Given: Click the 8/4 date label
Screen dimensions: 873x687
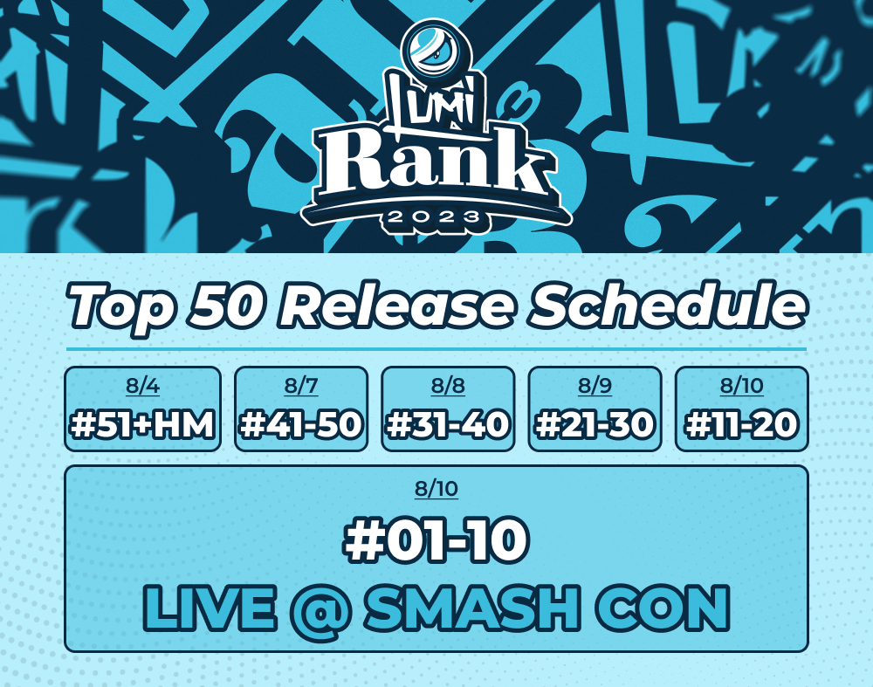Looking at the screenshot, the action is pyautogui.click(x=142, y=385).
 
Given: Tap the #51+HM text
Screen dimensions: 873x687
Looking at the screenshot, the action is pyautogui.click(x=142, y=425).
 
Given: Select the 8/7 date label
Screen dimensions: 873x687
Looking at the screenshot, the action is pyautogui.click(x=301, y=385).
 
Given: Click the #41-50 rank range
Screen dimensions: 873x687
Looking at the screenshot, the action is pyautogui.click(x=301, y=425).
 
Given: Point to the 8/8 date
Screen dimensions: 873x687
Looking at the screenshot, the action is pyautogui.click(x=448, y=385).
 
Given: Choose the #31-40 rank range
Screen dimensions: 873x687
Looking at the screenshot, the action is pyautogui.click(x=448, y=425).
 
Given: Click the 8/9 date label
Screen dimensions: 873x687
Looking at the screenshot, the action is pyautogui.click(x=595, y=385).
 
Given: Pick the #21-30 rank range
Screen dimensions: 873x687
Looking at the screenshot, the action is pyautogui.click(x=595, y=425).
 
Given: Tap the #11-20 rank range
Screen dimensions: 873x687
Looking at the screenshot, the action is pyautogui.click(x=741, y=425).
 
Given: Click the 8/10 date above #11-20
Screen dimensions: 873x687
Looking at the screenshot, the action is pyautogui.click(x=741, y=385).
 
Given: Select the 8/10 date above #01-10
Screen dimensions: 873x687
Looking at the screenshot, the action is pyautogui.click(x=436, y=488).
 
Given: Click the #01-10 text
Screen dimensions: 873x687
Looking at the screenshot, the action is pyautogui.click(x=436, y=539).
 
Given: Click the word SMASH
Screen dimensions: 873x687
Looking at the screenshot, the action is pyautogui.click(x=472, y=608).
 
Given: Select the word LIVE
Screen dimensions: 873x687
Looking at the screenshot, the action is pyautogui.click(x=210, y=608).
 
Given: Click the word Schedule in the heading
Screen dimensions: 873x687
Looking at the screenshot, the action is pyautogui.click(x=668, y=305).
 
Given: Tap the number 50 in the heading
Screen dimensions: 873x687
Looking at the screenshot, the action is pyautogui.click(x=226, y=305).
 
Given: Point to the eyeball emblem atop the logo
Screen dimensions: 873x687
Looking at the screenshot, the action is pyautogui.click(x=436, y=49).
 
